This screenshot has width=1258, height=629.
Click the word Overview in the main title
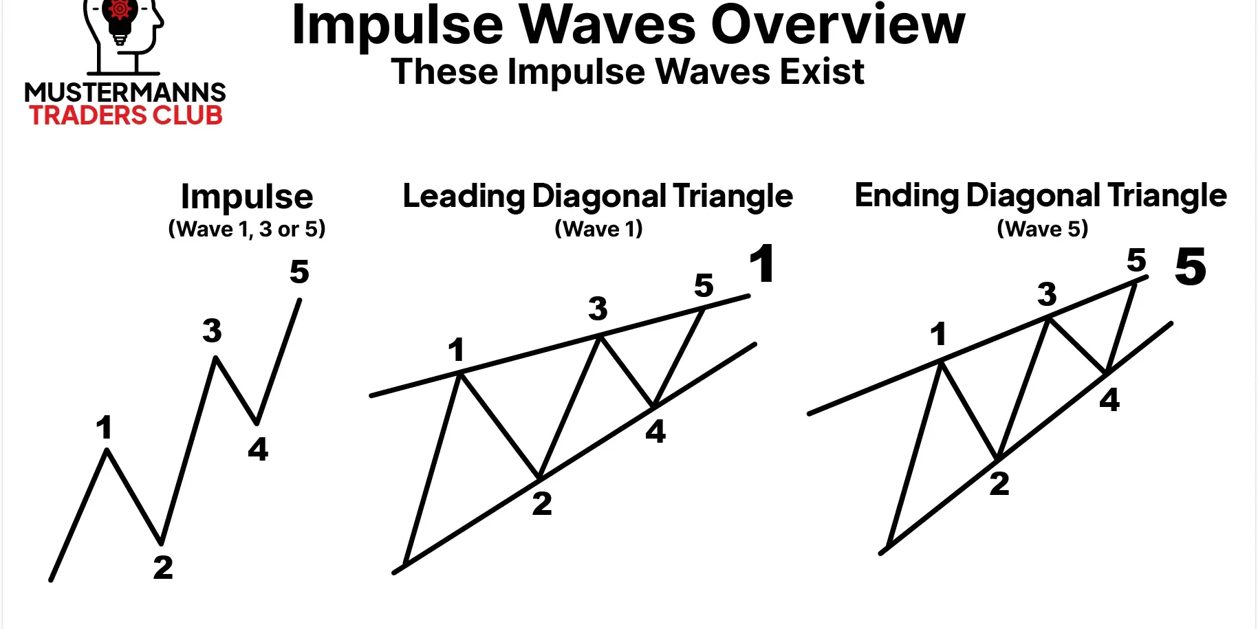[x=838, y=25]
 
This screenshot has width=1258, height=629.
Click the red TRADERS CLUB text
[x=126, y=115]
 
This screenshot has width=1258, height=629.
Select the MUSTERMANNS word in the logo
[x=125, y=92]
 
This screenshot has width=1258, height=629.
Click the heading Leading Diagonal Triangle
[x=598, y=196]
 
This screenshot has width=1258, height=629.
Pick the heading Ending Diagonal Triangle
[x=1041, y=195]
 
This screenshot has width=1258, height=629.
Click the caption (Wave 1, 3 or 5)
[x=247, y=229]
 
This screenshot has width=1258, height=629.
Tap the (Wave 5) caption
[x=1043, y=228]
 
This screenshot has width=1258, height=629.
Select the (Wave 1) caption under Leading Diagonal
[x=599, y=228]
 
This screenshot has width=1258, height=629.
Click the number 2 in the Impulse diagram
[x=163, y=567]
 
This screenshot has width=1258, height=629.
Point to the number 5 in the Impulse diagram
[x=299, y=272]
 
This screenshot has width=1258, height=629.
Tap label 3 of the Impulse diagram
[x=213, y=331]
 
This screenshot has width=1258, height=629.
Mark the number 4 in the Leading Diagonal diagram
[x=655, y=431]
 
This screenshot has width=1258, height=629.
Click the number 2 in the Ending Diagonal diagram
[x=999, y=483]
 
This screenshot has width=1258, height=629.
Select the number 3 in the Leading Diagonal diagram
[x=598, y=309]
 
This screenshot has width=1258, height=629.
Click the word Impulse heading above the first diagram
[x=247, y=197]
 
